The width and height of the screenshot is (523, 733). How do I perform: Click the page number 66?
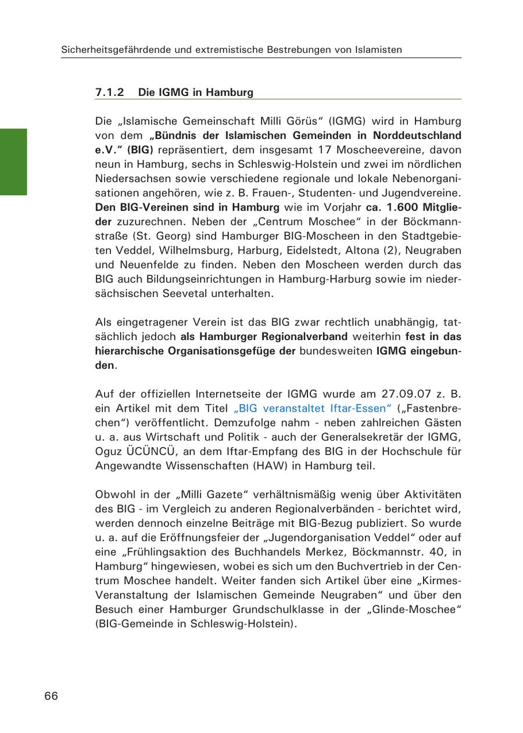click(51, 696)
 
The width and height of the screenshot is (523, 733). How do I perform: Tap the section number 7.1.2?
click(110, 92)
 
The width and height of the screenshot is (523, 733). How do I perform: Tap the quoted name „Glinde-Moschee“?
click(418, 610)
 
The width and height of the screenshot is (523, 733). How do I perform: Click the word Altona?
click(382, 251)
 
